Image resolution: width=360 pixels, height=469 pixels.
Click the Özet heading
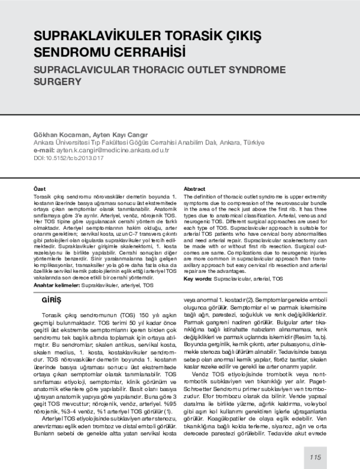coord(39,188)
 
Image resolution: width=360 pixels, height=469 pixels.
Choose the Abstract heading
coord(195,188)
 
